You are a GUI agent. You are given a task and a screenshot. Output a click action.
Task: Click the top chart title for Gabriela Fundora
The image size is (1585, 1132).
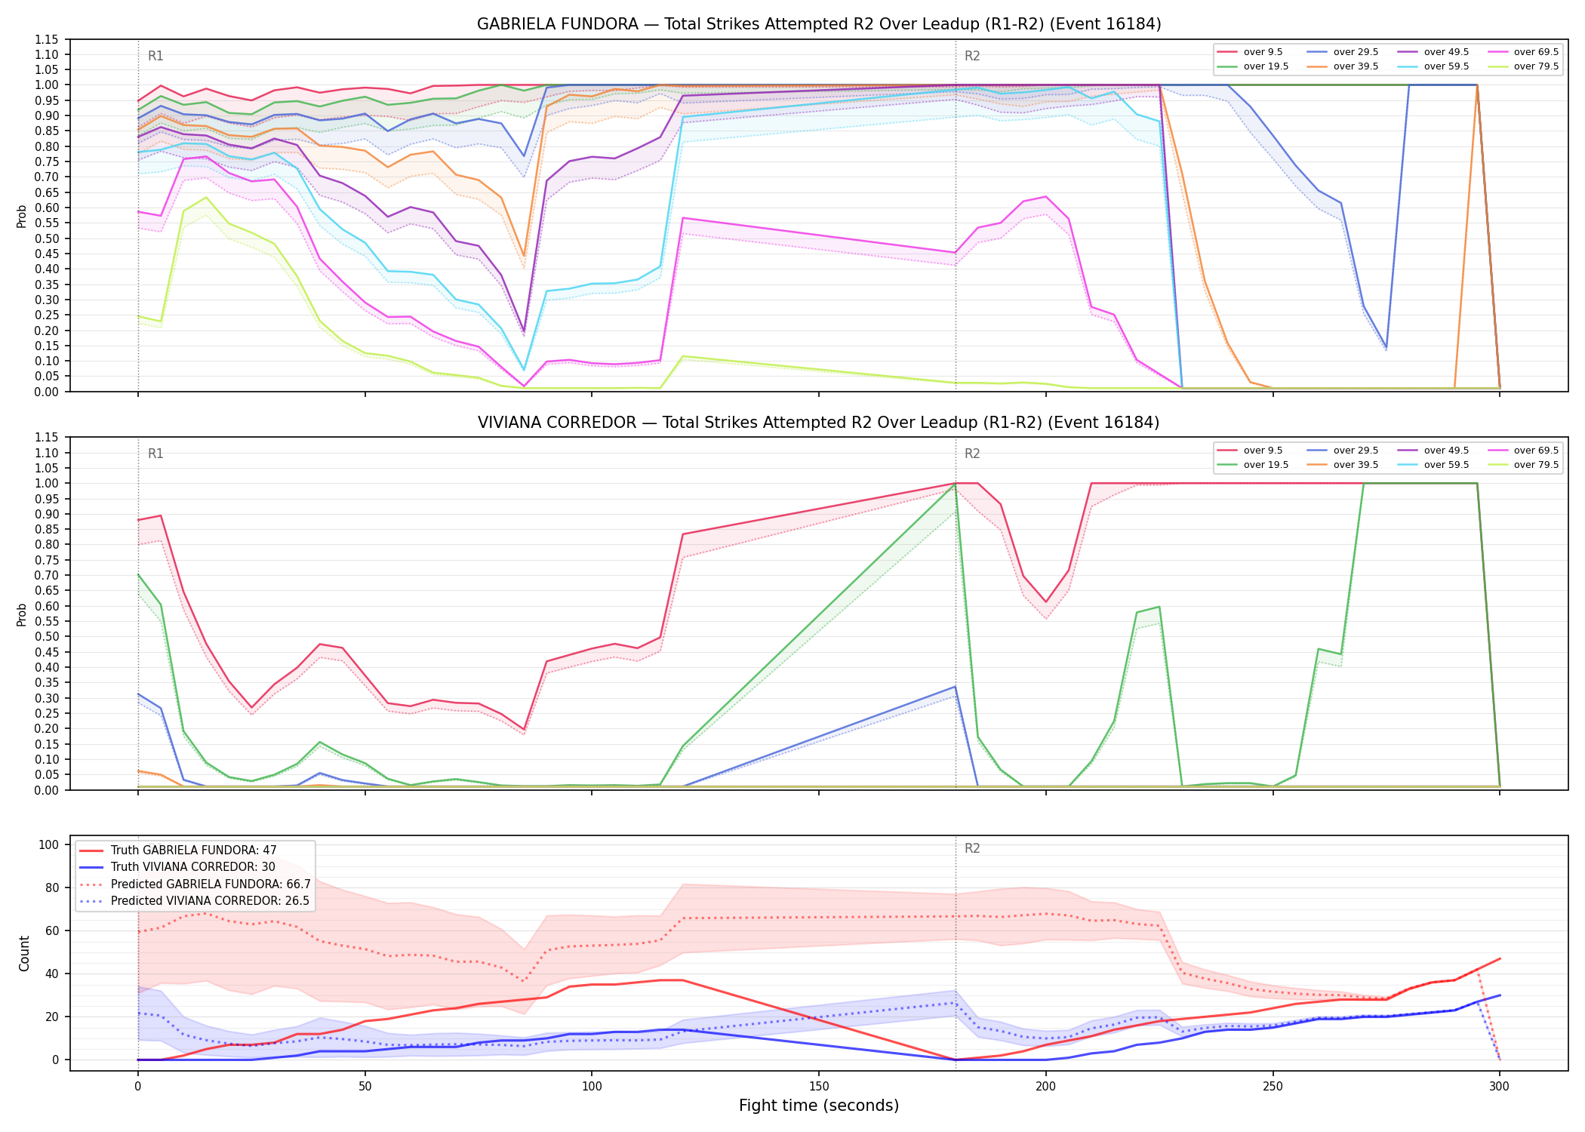coord(819,24)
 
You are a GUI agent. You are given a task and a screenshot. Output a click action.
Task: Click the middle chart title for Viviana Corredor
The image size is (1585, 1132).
coord(819,423)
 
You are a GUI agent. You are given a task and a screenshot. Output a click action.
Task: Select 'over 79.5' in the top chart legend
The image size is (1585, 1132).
coord(1536,66)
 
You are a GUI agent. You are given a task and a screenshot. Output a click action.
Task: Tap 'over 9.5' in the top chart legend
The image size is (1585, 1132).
coord(1263,52)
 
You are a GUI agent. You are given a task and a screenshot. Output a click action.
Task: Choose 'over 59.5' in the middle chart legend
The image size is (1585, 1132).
coord(1446,465)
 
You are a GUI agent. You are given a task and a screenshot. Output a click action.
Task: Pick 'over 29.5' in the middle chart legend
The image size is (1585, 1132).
coord(1356,451)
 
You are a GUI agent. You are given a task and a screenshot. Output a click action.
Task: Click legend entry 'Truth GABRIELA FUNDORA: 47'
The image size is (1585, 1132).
coord(194,851)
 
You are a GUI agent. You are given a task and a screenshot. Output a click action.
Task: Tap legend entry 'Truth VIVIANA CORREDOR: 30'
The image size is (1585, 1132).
coord(193,867)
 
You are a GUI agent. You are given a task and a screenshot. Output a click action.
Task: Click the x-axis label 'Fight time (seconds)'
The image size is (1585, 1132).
coord(819,1106)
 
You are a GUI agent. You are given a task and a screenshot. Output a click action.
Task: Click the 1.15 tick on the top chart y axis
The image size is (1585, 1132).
coord(46,39)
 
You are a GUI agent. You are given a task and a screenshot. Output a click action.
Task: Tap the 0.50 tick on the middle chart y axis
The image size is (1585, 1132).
coord(46,636)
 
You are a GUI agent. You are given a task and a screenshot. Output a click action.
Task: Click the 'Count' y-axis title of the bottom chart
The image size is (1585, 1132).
coord(24,953)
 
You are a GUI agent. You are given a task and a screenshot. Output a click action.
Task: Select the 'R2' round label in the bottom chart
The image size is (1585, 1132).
coord(972,848)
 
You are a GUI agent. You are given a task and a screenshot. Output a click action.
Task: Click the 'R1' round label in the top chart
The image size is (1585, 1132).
coord(155,56)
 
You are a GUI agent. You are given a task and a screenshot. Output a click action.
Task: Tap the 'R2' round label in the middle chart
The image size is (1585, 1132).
coord(972,454)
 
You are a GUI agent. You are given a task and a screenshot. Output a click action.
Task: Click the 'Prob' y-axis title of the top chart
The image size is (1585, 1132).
coord(22,216)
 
